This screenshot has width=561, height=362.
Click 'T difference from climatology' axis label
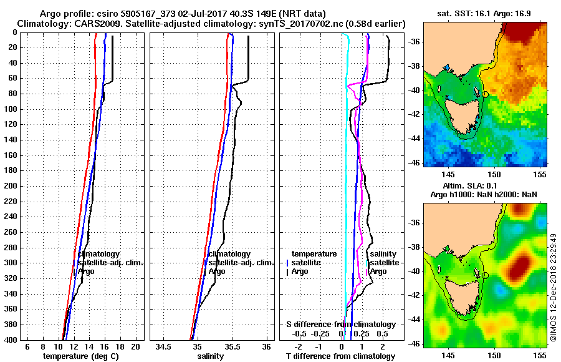pyautogui.click(x=340, y=356)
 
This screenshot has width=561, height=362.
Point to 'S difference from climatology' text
pyautogui.click(x=340, y=325)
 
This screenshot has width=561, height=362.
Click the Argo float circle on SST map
pyautogui.click(x=485, y=94)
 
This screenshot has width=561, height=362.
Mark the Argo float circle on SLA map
pyautogui.click(x=485, y=275)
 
